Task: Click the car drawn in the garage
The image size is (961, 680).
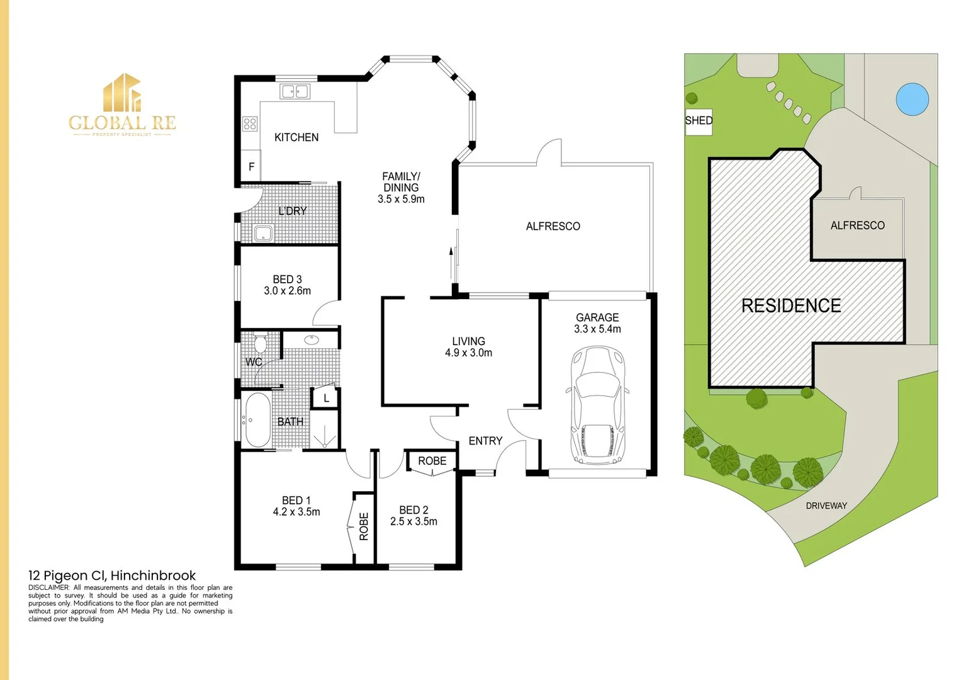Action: pyautogui.click(x=598, y=405)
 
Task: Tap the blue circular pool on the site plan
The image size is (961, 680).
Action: pyautogui.click(x=912, y=99)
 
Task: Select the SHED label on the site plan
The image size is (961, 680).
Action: pyautogui.click(x=699, y=121)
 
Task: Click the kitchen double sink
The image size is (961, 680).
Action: pyautogui.click(x=295, y=91)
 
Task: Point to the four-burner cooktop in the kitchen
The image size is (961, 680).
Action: pyautogui.click(x=250, y=124)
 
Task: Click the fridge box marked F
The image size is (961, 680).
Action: pyautogui.click(x=251, y=166)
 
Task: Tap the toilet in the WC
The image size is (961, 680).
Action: pyautogui.click(x=260, y=342)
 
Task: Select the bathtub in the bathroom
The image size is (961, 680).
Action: pyautogui.click(x=257, y=420)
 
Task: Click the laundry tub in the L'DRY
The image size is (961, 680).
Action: pyautogui.click(x=263, y=233)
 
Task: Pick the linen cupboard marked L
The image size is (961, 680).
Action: pyautogui.click(x=325, y=398)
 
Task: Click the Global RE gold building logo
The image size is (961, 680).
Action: pyautogui.click(x=122, y=93)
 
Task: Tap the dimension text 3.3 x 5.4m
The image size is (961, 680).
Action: pyautogui.click(x=597, y=329)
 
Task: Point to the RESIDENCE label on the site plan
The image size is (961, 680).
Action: pyautogui.click(x=791, y=305)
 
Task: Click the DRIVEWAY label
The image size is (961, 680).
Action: pyautogui.click(x=826, y=506)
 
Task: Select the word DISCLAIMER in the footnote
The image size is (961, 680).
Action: pyautogui.click(x=48, y=587)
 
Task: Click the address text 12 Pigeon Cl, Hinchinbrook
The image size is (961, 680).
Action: pyautogui.click(x=112, y=575)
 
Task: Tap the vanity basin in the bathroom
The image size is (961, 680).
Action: pyautogui.click(x=312, y=340)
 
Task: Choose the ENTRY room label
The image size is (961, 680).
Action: pyautogui.click(x=485, y=441)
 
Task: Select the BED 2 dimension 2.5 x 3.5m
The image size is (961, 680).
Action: pyautogui.click(x=413, y=521)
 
